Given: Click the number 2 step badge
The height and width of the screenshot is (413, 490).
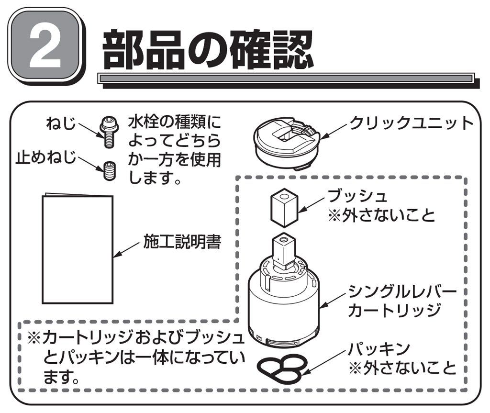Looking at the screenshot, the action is pyautogui.click(x=46, y=46).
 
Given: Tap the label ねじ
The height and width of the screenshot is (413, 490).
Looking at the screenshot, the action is pyautogui.click(x=61, y=123).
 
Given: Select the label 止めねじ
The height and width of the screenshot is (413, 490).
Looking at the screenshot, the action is pyautogui.click(x=46, y=157).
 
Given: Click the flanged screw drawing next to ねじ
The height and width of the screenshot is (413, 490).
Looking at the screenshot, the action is pyautogui.click(x=109, y=132).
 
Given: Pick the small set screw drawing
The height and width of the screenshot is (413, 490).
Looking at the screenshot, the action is pyautogui.click(x=110, y=171).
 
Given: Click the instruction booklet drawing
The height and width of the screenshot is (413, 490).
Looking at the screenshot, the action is pyautogui.click(x=78, y=248).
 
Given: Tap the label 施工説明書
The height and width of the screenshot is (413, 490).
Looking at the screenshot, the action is pyautogui.click(x=182, y=241).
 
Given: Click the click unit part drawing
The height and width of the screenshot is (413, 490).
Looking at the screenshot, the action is pyautogui.click(x=287, y=143).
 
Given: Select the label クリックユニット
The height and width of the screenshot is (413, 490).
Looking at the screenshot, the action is pyautogui.click(x=412, y=123).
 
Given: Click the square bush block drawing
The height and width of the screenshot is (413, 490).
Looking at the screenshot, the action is pyautogui.click(x=284, y=208).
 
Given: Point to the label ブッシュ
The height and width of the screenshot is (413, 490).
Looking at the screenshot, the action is pyautogui.click(x=357, y=196).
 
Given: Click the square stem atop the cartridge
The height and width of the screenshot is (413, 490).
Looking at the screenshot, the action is pyautogui.click(x=284, y=251).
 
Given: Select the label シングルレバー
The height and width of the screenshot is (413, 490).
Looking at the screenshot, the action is pyautogui.click(x=402, y=291).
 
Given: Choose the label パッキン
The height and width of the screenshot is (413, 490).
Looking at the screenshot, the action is pyautogui.click(x=379, y=348).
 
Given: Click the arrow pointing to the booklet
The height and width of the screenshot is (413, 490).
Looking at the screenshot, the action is pyautogui.click(x=126, y=250).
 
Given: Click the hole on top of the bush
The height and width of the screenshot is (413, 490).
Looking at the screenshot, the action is pyautogui.click(x=284, y=197).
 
